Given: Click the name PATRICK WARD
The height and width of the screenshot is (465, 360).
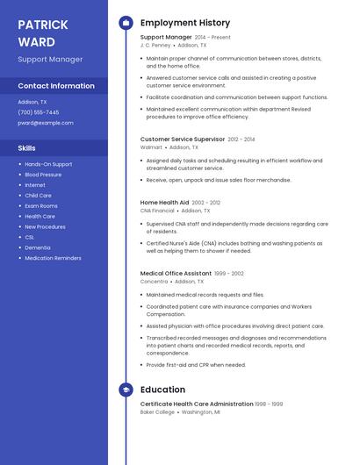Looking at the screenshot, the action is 42,32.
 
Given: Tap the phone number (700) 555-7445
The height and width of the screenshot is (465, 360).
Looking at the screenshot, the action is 39,112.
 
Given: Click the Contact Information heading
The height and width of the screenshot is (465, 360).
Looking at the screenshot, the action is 56,86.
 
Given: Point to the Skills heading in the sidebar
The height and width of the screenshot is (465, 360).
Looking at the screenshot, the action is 27,148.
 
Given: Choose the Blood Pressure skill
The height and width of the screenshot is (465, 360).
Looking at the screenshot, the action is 43,175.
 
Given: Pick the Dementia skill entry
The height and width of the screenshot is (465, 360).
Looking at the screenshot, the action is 38,247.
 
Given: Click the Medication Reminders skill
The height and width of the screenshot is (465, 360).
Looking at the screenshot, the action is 53,258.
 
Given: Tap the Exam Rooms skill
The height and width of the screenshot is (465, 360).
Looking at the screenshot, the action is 41,206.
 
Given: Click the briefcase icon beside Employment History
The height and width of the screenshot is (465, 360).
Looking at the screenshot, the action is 126,23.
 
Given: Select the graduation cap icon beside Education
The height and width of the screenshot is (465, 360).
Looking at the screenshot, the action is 126,390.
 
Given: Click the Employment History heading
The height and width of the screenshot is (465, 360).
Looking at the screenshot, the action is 184,23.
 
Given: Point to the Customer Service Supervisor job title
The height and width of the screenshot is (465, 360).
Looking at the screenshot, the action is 183,139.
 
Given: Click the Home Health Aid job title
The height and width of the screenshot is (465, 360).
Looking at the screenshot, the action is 164,203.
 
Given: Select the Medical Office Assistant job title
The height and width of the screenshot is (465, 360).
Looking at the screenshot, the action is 176,274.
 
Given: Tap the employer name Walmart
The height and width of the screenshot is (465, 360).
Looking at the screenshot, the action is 151,147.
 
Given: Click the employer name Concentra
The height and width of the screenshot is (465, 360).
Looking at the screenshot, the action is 154,282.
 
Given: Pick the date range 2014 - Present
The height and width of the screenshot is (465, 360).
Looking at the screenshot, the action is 212,38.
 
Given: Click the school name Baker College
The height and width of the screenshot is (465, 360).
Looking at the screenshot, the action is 158,411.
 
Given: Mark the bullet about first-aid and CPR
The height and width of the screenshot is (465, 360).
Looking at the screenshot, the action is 196,365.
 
